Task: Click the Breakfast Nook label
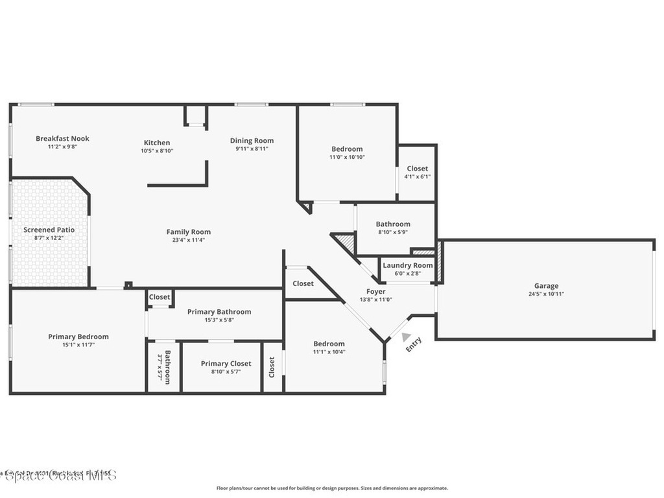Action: [x=62, y=138]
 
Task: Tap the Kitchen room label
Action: [x=157, y=143]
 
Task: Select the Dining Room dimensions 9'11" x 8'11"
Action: [x=252, y=148]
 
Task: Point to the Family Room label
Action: [x=188, y=231]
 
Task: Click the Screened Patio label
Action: [x=49, y=230]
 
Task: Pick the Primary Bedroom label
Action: [x=78, y=337]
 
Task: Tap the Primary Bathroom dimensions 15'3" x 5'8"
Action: [x=219, y=320]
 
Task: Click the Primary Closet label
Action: [x=226, y=364]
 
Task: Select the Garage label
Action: [x=546, y=285]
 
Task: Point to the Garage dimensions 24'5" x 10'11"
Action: [x=546, y=294]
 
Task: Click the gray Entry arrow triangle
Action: [x=406, y=337]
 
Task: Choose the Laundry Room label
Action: [x=407, y=265]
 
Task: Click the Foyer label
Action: [x=376, y=292]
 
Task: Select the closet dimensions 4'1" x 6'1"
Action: [x=417, y=176]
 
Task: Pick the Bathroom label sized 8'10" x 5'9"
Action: [x=393, y=224]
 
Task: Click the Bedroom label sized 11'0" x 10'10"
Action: [x=347, y=148]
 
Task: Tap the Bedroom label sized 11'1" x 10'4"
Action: [x=329, y=344]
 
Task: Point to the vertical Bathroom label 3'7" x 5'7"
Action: [x=167, y=367]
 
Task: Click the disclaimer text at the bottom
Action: [x=331, y=488]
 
